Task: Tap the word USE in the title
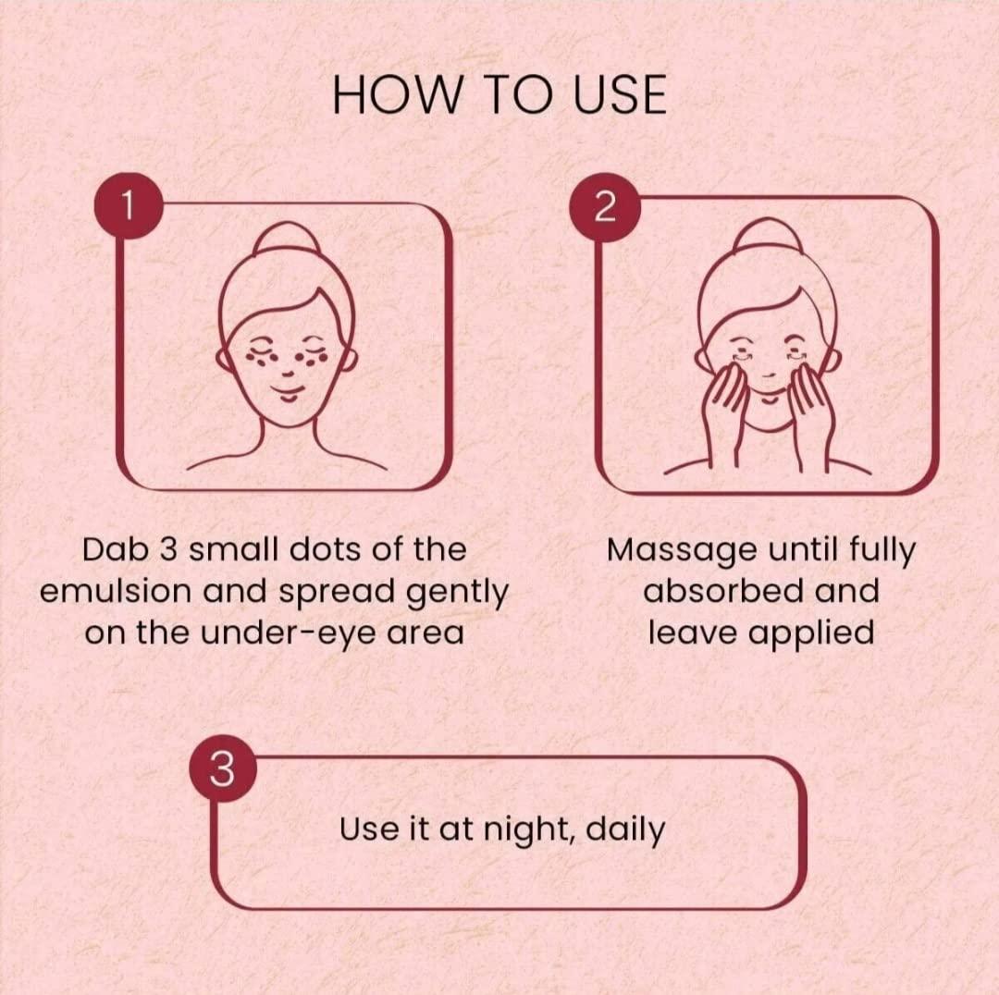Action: click(619, 94)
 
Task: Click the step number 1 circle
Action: click(129, 205)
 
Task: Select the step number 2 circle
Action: click(605, 206)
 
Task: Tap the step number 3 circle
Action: click(222, 769)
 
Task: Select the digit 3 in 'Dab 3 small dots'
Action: click(169, 549)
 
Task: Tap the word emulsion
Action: click(116, 591)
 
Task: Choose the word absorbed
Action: click(723, 591)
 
